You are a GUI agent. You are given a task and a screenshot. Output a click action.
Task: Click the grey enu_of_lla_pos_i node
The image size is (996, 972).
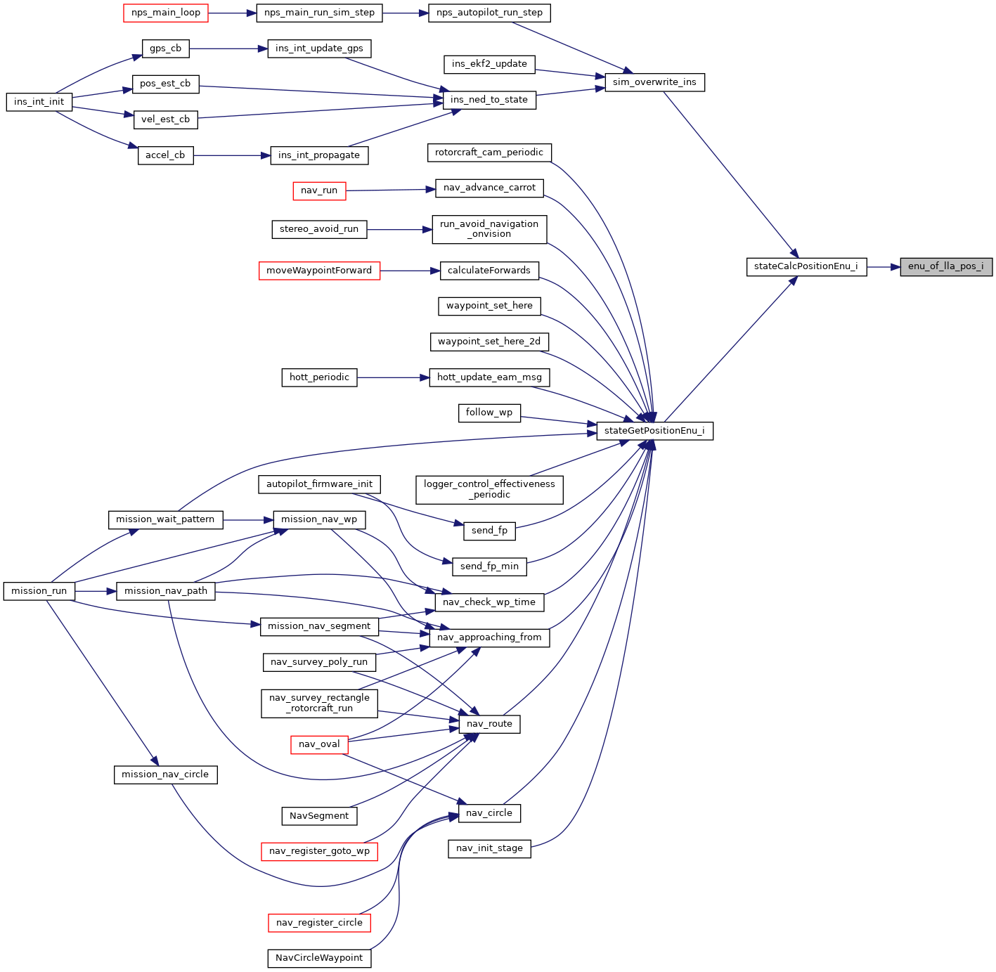pyautogui.click(x=946, y=267)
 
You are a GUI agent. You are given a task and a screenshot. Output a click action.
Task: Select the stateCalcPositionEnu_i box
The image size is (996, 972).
pyautogui.click(x=806, y=267)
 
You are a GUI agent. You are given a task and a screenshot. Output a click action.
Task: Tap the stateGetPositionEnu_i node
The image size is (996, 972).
pyautogui.click(x=654, y=431)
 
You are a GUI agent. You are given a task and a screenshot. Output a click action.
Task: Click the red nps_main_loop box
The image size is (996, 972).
pyautogui.click(x=166, y=13)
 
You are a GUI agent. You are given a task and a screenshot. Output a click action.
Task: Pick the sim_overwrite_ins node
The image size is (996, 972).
pyautogui.click(x=654, y=82)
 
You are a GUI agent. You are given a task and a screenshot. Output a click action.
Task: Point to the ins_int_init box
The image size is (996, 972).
pyautogui.click(x=39, y=102)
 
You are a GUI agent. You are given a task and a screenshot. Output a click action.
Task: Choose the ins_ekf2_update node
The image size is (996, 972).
pyautogui.click(x=489, y=64)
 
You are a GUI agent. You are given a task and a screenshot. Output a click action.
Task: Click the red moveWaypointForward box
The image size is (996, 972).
pyautogui.click(x=319, y=271)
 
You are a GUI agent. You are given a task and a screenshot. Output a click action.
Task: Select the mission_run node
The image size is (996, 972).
pyautogui.click(x=39, y=591)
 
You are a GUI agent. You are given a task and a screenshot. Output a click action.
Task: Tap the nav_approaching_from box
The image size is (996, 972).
pyautogui.click(x=489, y=637)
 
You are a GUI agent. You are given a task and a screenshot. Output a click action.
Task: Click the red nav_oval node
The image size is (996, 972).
pyautogui.click(x=319, y=744)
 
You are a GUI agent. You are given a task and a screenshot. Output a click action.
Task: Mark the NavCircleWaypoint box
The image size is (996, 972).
pyautogui.click(x=319, y=958)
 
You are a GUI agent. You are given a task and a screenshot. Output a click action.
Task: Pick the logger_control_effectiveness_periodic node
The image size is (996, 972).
pyautogui.click(x=489, y=489)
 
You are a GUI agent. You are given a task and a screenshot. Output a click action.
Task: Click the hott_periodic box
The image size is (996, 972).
pyautogui.click(x=319, y=377)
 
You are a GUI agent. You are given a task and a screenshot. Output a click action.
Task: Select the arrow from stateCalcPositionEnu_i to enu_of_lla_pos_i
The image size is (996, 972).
pyautogui.click(x=884, y=267)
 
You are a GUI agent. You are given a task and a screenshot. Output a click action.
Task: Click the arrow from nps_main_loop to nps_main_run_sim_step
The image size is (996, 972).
pyautogui.click(x=232, y=13)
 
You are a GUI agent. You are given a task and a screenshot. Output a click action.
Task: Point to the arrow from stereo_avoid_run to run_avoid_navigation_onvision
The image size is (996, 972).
pyautogui.click(x=399, y=229)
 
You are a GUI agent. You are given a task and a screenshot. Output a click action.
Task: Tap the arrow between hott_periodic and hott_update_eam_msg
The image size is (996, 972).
pyautogui.click(x=393, y=377)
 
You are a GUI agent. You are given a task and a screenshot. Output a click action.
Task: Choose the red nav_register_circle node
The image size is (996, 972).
pyautogui.click(x=319, y=923)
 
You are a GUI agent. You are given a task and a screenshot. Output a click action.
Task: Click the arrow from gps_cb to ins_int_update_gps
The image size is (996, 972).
pyautogui.click(x=228, y=48)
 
